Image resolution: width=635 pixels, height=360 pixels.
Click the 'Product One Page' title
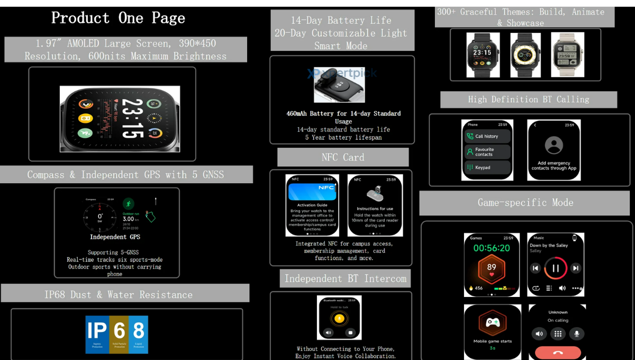(x=118, y=18)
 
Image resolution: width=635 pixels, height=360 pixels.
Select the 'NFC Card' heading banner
(x=343, y=157)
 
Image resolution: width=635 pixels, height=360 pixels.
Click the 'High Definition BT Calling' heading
(x=528, y=100)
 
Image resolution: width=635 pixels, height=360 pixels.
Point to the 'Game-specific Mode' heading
(x=525, y=203)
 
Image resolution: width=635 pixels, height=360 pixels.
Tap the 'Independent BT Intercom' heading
(x=345, y=278)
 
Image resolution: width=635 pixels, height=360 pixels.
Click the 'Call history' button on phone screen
(x=487, y=137)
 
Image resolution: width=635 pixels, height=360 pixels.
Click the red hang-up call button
(x=557, y=352)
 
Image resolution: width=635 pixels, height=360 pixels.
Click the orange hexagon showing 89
(x=492, y=268)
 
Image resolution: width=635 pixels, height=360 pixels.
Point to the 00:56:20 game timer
(x=492, y=248)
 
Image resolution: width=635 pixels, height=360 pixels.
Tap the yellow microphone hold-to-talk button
(x=339, y=318)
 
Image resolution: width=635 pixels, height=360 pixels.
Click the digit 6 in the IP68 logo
(x=120, y=331)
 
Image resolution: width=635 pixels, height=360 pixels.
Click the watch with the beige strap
(x=567, y=55)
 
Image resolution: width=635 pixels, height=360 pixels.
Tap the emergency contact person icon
(x=554, y=145)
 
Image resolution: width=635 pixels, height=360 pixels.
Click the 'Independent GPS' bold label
(x=115, y=237)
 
